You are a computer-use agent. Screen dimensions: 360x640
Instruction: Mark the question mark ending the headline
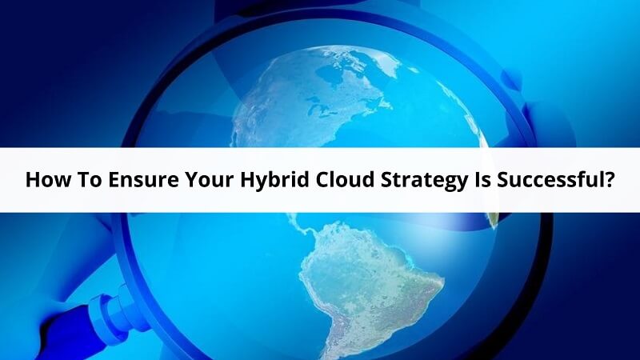coord(609,180)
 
